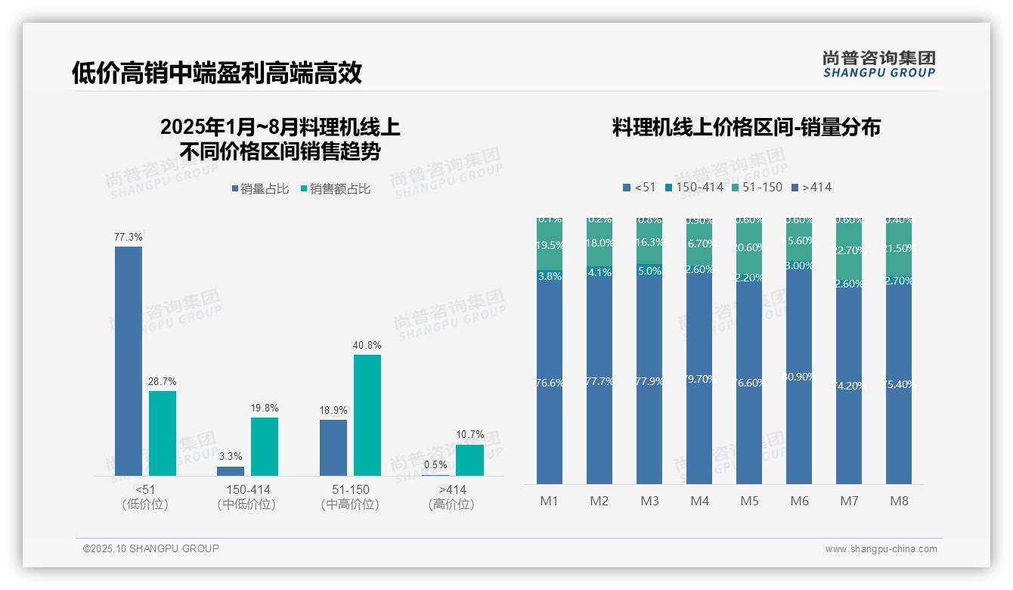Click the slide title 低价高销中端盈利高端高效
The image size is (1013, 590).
tap(217, 73)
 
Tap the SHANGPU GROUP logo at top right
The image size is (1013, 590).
tap(878, 64)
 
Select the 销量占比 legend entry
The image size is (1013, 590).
tap(260, 189)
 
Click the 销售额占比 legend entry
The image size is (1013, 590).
tap(336, 189)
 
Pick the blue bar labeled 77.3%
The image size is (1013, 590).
tap(129, 361)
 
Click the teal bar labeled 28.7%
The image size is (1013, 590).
tap(163, 433)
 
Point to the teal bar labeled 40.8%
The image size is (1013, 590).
tap(367, 415)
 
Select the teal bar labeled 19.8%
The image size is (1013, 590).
tap(265, 446)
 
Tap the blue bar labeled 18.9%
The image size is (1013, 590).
tap(333, 447)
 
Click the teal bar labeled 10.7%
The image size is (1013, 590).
tap(469, 460)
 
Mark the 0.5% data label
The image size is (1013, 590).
tap(435, 465)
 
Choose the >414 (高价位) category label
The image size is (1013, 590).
tap(451, 497)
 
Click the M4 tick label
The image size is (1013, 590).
tap(699, 501)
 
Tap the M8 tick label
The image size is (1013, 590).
tap(899, 501)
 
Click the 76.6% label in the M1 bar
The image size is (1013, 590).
tap(550, 383)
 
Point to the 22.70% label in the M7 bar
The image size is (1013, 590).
tap(849, 250)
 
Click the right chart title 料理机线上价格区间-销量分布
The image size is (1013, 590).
tap(746, 127)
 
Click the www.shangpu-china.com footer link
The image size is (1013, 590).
tap(881, 549)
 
